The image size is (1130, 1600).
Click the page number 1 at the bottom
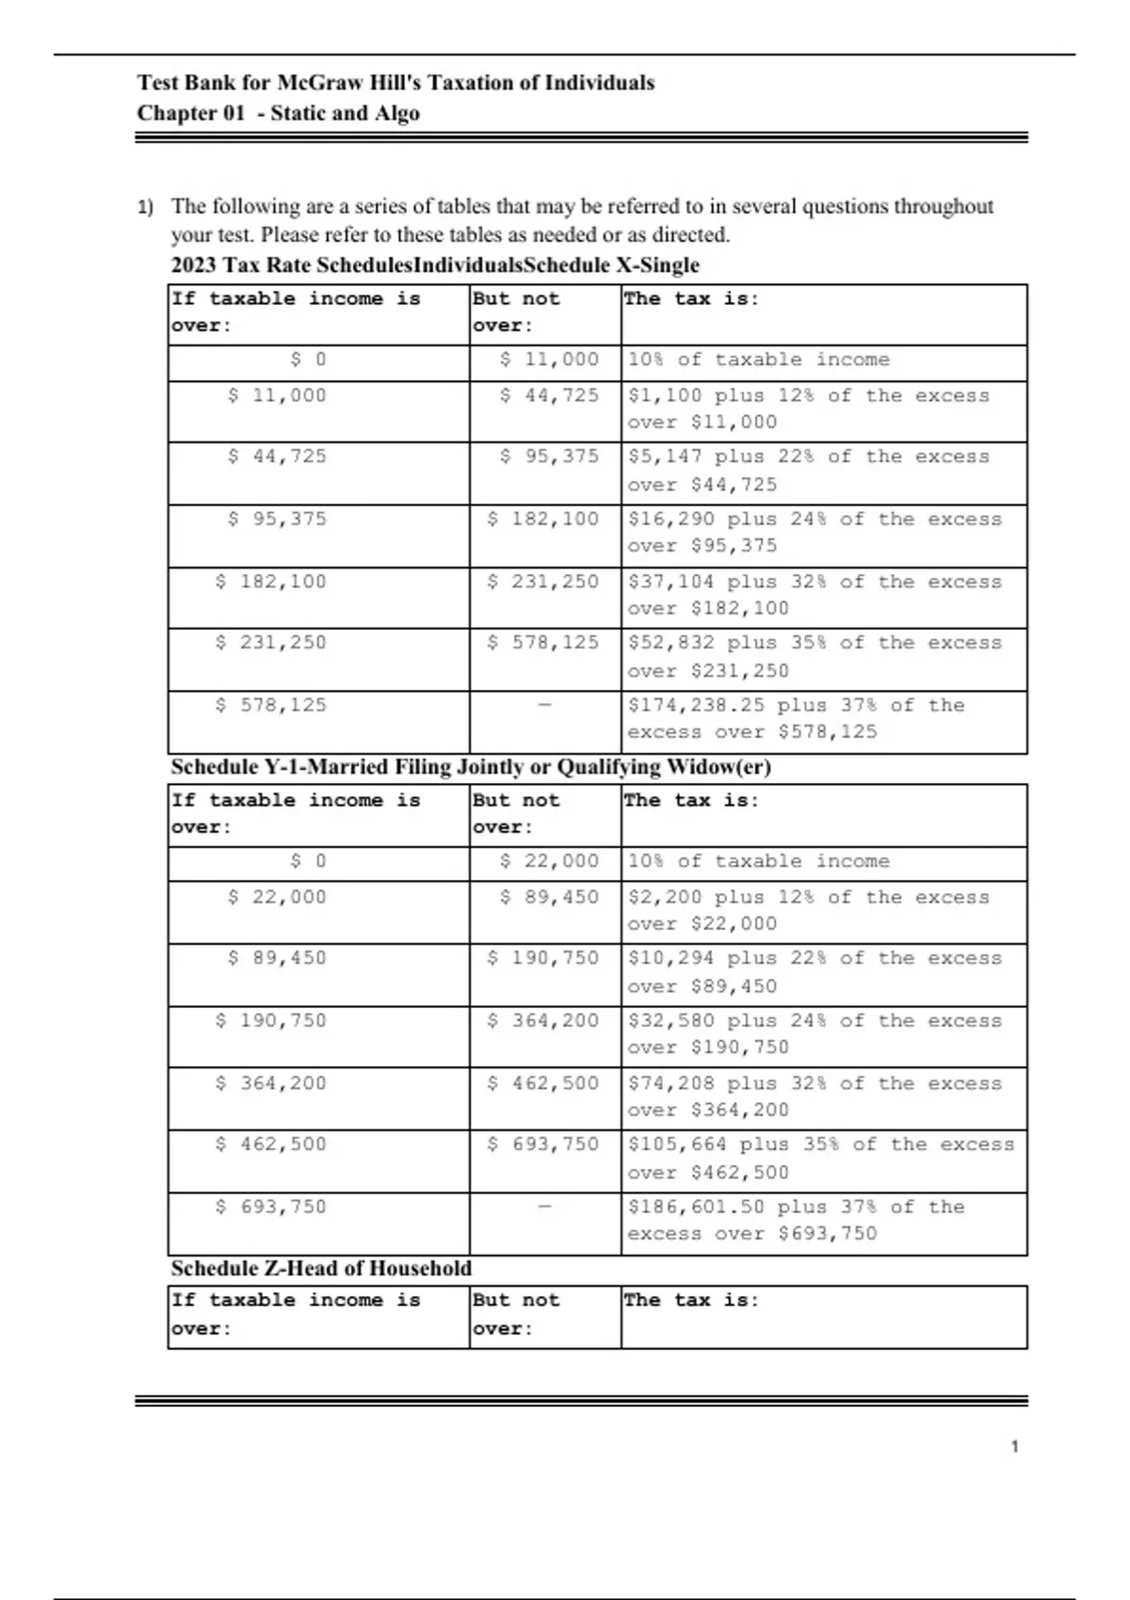coord(1014,1447)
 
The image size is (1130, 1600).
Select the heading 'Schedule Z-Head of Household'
coord(321,1269)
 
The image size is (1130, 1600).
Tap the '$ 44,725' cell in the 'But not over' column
coord(549,396)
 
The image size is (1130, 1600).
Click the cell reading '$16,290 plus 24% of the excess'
coord(815,533)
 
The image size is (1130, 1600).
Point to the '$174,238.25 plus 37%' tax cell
coord(796,719)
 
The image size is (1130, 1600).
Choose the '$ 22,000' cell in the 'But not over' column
coord(549,861)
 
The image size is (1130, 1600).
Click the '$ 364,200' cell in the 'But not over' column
coord(543,1021)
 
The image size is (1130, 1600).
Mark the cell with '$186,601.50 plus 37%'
coord(796,1221)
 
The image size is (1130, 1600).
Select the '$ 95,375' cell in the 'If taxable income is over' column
coord(277,520)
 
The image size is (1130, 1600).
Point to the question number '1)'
coord(145,207)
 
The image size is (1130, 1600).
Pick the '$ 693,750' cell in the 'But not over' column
coord(543,1144)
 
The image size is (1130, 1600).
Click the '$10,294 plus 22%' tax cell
coord(815,972)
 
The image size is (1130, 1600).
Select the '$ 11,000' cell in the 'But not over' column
coord(549,360)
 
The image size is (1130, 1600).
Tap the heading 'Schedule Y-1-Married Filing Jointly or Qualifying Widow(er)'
coord(471,767)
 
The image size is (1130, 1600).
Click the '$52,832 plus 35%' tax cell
coord(815,657)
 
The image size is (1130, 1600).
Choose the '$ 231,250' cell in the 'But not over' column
coord(543,583)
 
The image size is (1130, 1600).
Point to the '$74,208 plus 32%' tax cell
coord(815,1096)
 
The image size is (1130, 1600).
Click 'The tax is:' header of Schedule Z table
coord(691,1301)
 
